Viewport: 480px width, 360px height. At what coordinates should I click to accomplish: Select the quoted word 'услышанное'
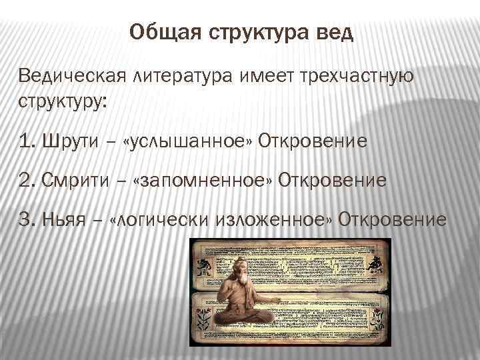click(185, 142)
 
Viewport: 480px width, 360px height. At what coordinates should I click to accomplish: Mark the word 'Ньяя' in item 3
click(67, 219)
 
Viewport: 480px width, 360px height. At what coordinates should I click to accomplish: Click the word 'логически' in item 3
click(163, 219)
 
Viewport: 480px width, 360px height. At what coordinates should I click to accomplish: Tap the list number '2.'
click(28, 181)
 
